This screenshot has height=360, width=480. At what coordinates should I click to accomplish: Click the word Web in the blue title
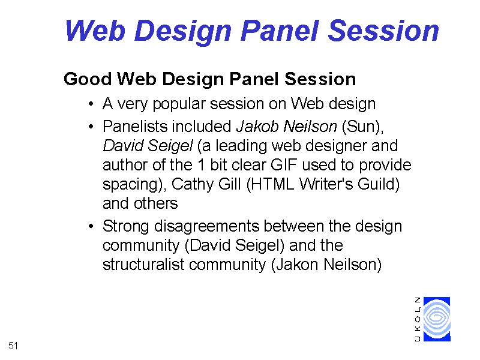coord(95,31)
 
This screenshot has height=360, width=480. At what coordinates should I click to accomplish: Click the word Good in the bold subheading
coord(88,79)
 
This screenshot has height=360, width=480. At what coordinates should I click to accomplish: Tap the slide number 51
coord(13,346)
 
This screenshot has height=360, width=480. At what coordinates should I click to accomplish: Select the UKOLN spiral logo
coord(437,319)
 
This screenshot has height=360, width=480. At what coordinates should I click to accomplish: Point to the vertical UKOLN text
coord(418,319)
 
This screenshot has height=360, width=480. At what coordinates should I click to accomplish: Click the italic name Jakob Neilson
coord(287,126)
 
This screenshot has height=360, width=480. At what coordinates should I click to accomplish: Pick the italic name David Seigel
coord(148,146)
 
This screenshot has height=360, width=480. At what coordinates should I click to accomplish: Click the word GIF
coord(284,165)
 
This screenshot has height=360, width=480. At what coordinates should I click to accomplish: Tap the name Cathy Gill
coord(206,184)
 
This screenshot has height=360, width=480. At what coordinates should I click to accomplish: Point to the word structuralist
coord(143,265)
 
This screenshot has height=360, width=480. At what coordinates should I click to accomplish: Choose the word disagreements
coord(206,227)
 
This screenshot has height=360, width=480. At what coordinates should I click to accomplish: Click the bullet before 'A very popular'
coord(91,104)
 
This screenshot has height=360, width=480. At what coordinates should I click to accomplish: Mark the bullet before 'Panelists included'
coord(91,127)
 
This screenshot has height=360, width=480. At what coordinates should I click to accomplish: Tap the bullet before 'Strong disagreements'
coord(91,227)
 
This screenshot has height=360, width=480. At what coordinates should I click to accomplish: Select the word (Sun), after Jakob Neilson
coord(363,127)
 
